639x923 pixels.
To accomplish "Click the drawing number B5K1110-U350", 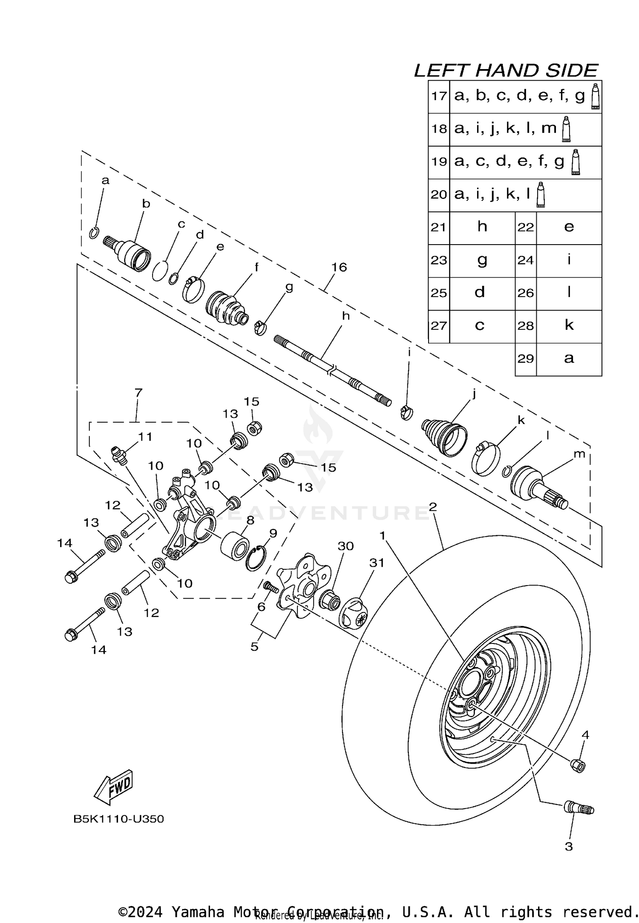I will pos(118,819).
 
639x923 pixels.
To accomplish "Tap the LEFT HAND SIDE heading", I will pos(506,71).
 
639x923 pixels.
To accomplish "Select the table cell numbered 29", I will pos(526,359).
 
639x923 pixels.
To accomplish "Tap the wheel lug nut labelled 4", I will pos(578,765).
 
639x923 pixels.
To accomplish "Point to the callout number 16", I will pos(339,267).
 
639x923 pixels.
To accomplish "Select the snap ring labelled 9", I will pos(256,559).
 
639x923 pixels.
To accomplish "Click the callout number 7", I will pos(138,392).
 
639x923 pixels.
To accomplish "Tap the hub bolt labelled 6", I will pos(271,587).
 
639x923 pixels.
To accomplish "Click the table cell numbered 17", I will pos(439,96).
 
